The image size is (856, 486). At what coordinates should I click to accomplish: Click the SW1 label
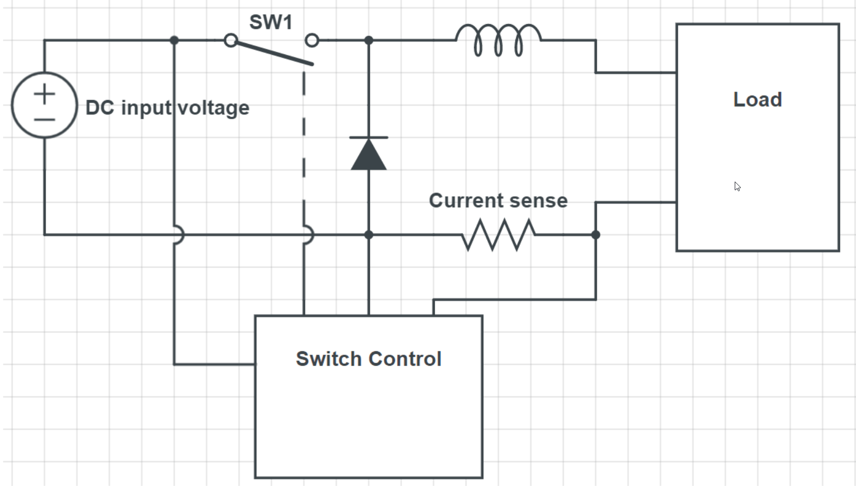click(271, 23)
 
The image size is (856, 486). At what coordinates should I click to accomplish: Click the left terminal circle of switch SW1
click(230, 40)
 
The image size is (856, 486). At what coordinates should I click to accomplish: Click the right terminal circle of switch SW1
click(312, 40)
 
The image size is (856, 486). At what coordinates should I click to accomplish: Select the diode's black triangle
click(368, 156)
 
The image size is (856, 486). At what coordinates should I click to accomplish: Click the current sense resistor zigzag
click(498, 234)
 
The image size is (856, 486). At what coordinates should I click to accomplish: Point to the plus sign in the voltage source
click(44, 94)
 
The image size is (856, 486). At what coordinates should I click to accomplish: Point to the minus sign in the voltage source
click(44, 120)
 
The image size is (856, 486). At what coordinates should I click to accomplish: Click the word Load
click(757, 100)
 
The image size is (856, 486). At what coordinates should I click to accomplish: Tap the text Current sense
click(498, 201)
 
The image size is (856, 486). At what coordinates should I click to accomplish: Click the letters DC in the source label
click(100, 108)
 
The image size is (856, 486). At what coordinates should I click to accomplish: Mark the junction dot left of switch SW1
click(174, 40)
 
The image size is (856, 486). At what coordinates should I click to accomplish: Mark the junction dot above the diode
click(368, 40)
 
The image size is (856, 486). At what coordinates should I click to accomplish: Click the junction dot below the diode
click(368, 234)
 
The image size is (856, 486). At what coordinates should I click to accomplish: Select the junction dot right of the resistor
click(595, 234)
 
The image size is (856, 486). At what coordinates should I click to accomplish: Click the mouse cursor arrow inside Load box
click(737, 187)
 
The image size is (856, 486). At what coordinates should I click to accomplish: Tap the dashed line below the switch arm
click(304, 151)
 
